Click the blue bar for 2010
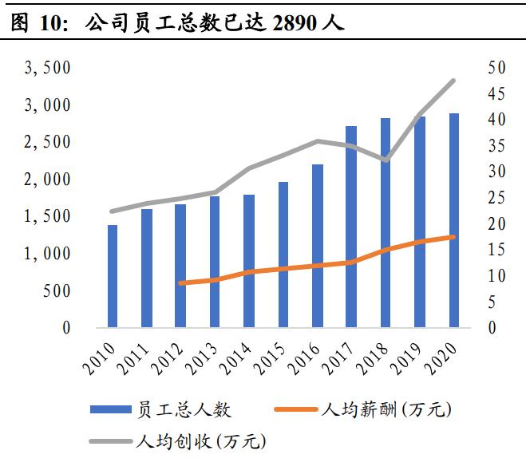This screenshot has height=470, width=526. (x=113, y=276)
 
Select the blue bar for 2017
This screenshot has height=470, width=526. (x=351, y=227)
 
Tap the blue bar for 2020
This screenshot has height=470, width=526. (x=453, y=220)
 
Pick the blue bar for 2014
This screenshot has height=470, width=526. (x=249, y=261)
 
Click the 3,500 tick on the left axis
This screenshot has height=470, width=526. (x=48, y=68)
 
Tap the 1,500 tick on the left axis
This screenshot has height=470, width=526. (x=48, y=216)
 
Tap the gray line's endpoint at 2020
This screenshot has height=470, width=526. (x=453, y=81)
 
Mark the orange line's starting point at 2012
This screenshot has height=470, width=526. (x=181, y=283)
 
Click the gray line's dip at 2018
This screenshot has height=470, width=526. (x=386, y=160)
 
